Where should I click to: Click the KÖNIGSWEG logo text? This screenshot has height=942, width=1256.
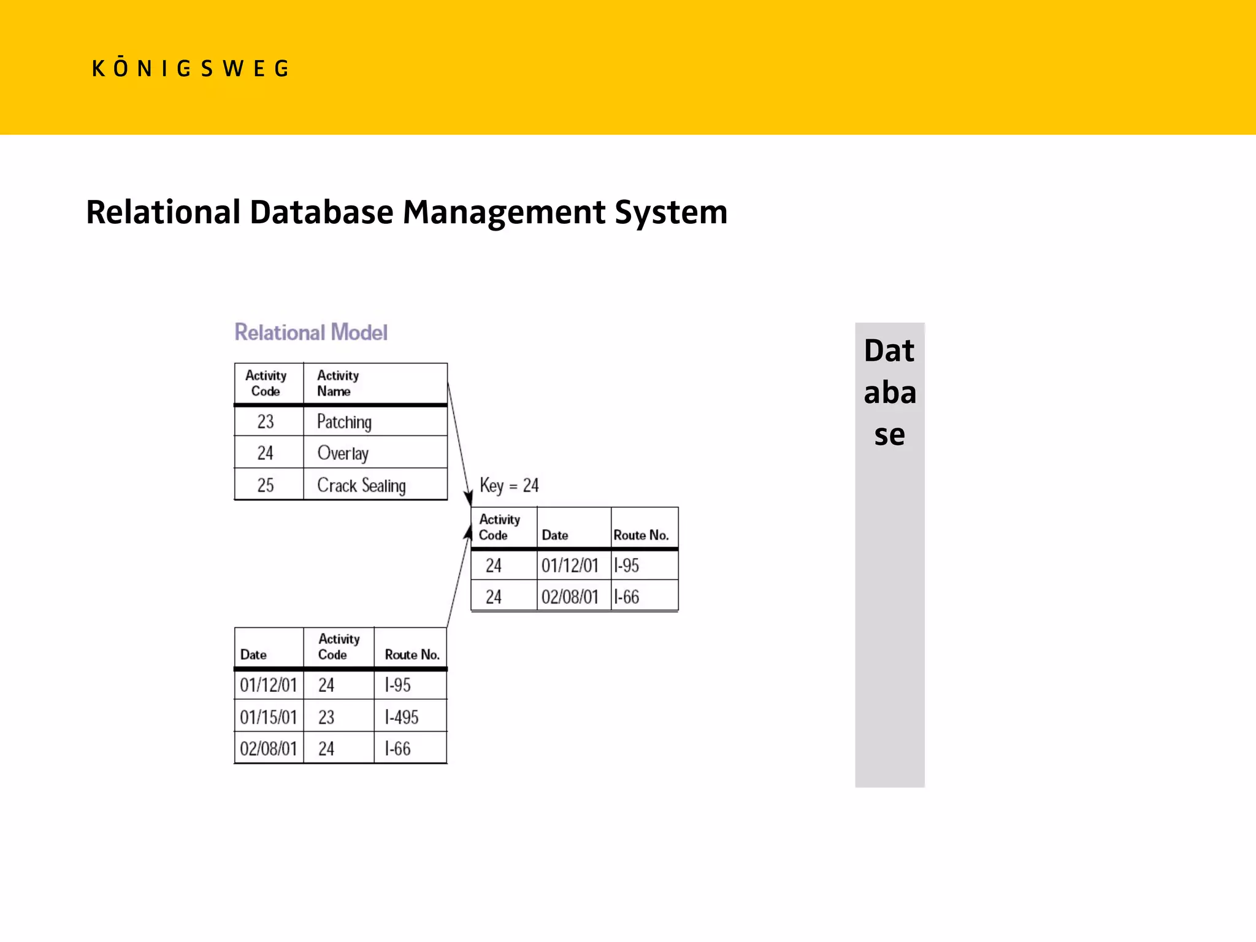(x=190, y=68)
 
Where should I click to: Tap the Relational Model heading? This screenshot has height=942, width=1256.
(x=311, y=332)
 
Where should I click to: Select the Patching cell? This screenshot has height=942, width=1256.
(x=344, y=422)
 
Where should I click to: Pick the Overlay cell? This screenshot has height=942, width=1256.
(x=343, y=453)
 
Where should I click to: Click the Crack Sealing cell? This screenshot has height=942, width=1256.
(x=361, y=486)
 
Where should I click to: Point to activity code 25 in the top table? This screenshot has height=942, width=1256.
(x=266, y=486)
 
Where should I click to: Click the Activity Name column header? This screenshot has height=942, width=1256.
(x=338, y=383)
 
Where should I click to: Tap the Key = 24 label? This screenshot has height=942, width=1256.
(x=509, y=486)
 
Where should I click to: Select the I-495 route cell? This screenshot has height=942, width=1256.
(x=402, y=717)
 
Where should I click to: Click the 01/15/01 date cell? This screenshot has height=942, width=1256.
(x=268, y=717)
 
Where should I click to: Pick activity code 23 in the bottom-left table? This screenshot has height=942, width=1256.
(x=326, y=717)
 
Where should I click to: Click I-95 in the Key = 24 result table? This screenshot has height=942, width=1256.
(x=627, y=565)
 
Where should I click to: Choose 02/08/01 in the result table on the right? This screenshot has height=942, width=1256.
(x=570, y=597)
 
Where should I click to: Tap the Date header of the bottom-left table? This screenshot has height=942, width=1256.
(x=253, y=655)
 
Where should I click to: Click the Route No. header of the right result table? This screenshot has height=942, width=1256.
(x=641, y=535)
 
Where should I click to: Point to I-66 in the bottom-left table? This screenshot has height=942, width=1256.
(x=397, y=749)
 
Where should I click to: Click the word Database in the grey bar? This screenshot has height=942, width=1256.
(x=889, y=392)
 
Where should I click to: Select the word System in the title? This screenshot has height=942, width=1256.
(x=671, y=212)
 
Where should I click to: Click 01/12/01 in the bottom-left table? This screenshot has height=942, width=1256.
(x=268, y=685)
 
